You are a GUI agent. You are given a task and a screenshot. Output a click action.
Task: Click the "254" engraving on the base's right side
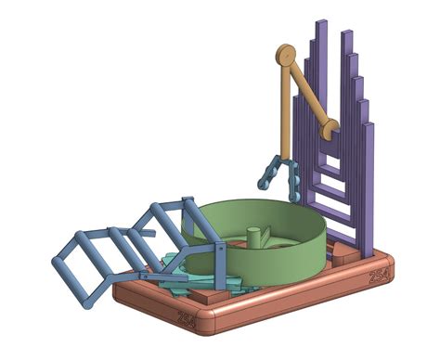pyautogui.click(x=379, y=276)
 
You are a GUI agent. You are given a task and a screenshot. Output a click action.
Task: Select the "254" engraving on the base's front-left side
pyautogui.click(x=187, y=317)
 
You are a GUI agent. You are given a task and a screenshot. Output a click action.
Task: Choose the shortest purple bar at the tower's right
pyautogui.click(x=369, y=186)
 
